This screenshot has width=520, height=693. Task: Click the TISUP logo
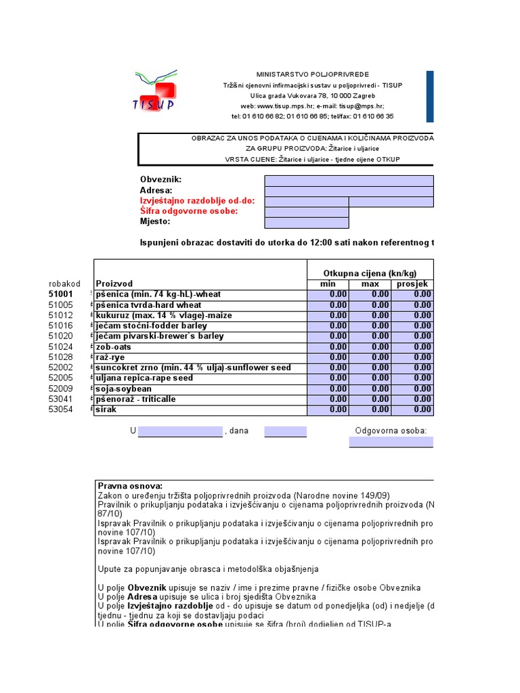(155, 90)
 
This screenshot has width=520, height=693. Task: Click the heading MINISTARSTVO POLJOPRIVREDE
(303, 73)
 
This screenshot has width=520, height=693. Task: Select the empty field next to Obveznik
(349, 181)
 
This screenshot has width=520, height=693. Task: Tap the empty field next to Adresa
(349, 191)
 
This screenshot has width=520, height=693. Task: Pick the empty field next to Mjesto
(306, 222)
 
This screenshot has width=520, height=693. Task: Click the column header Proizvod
(114, 284)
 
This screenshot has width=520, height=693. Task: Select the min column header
(328, 284)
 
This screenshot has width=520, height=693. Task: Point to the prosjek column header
(412, 284)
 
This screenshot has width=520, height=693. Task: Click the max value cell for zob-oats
(370, 346)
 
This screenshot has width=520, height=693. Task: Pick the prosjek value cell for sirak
(412, 409)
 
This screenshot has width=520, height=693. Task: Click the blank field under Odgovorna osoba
(391, 442)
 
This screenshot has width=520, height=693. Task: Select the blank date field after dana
(285, 431)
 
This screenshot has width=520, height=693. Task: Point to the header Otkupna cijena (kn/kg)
(370, 273)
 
